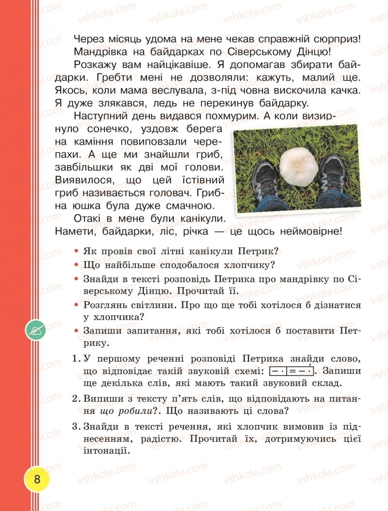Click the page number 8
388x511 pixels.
37,480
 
